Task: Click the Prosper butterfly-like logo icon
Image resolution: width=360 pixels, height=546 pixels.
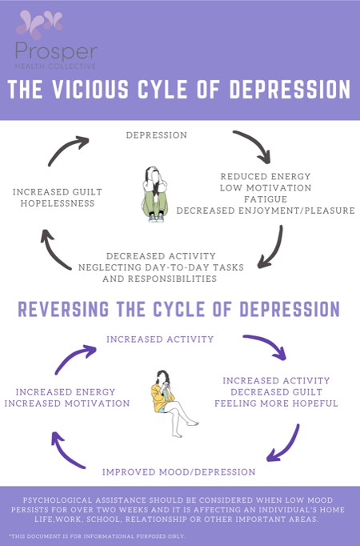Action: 40,24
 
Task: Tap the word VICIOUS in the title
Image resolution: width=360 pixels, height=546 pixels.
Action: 90,90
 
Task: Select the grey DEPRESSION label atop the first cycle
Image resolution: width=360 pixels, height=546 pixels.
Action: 157,135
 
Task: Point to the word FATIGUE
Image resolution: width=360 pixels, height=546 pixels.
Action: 266,199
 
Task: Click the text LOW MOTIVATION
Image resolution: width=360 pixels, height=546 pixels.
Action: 266,187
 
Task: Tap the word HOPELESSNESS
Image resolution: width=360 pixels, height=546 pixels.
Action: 58,203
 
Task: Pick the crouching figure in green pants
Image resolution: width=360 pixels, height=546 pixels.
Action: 154,194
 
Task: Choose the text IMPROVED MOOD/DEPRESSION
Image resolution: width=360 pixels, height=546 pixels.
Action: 178,472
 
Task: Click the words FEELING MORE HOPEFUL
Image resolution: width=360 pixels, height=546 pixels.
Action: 276,403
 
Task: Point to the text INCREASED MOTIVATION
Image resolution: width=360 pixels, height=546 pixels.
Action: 66,403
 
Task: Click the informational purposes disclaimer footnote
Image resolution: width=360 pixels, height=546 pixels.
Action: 97,536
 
